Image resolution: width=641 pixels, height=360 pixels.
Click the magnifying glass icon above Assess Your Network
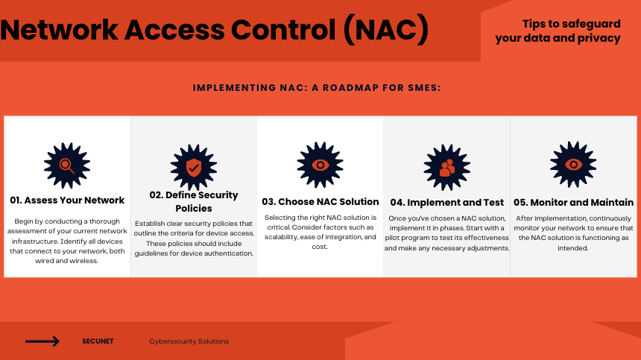(x=66, y=165)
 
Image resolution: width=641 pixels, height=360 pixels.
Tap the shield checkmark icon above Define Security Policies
(x=193, y=167)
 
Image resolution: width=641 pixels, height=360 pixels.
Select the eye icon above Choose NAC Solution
(x=320, y=165)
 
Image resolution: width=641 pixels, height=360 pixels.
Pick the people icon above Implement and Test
(x=446, y=168)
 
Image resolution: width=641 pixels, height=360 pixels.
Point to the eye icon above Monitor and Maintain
(x=573, y=165)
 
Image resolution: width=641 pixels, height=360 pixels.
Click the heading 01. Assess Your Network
(x=67, y=200)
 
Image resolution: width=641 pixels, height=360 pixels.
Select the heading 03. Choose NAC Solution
(x=320, y=202)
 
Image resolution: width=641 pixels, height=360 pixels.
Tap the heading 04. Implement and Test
(x=446, y=203)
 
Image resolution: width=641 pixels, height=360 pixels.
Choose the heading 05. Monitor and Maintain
(x=574, y=203)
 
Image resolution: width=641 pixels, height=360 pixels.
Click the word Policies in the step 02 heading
(x=194, y=209)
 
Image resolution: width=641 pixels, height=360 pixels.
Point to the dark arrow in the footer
(x=42, y=341)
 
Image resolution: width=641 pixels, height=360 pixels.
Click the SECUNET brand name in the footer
(x=98, y=341)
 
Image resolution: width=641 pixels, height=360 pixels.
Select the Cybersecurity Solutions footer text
(x=189, y=341)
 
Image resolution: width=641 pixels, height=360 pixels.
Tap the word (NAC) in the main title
(x=386, y=30)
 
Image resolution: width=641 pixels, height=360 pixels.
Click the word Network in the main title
(x=60, y=30)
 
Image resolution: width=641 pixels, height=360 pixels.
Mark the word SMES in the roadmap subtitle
(x=424, y=88)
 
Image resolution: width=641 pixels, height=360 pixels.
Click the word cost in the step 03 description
(x=320, y=247)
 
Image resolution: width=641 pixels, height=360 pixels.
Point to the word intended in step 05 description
(x=572, y=248)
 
